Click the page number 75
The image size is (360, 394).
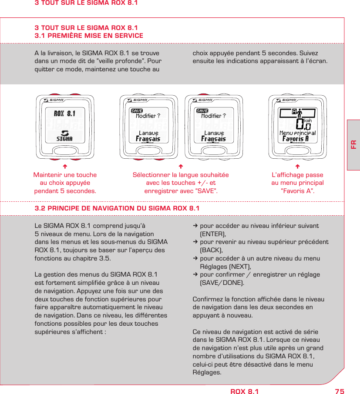point(340,391)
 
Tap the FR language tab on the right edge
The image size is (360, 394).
point(353,144)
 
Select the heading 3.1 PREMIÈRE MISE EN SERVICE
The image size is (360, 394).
point(89,36)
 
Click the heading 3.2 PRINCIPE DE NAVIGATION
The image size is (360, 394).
point(117,208)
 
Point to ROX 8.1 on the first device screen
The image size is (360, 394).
point(64,114)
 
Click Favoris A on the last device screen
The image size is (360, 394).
point(296,139)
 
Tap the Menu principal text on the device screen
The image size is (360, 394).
point(297,133)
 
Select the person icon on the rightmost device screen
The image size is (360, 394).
point(299,113)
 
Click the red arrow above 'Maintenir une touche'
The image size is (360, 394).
point(64,166)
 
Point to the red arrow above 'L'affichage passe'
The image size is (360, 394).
point(297,166)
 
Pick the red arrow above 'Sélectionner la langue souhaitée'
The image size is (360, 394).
point(181,166)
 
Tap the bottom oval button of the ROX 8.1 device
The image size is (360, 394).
point(64,150)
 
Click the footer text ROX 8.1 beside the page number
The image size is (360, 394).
point(244,391)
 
